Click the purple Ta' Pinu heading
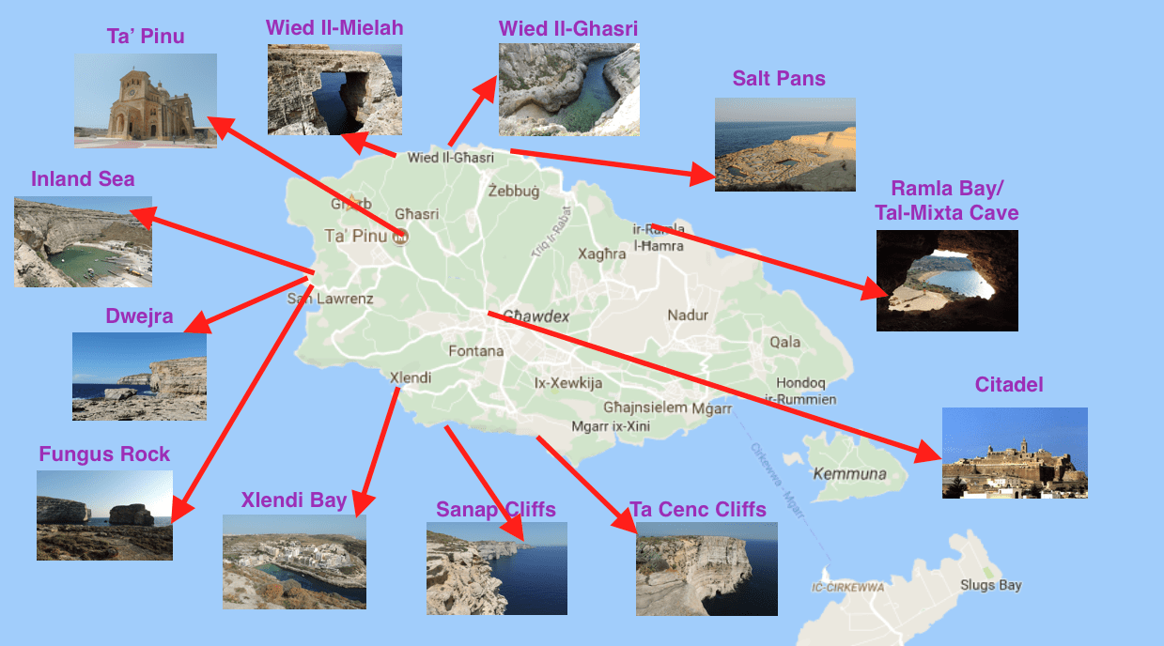click(x=145, y=37)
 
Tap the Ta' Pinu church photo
click(x=146, y=100)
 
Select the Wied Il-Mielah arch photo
click(x=334, y=89)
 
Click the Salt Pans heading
click(x=779, y=79)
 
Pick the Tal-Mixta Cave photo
click(x=947, y=280)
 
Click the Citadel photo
click(x=1015, y=453)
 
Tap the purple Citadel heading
click(x=1009, y=385)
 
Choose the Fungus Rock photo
click(x=104, y=515)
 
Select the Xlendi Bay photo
click(x=294, y=561)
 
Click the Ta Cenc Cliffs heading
click(x=698, y=510)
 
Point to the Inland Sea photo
click(x=83, y=241)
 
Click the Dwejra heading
click(x=139, y=316)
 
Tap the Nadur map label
click(x=688, y=315)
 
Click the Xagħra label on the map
click(x=601, y=254)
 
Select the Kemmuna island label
click(x=849, y=474)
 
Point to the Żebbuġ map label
click(x=514, y=192)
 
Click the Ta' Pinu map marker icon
click(x=401, y=236)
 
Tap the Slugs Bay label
click(x=990, y=585)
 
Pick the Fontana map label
click(x=476, y=351)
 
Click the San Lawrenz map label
click(x=331, y=300)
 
